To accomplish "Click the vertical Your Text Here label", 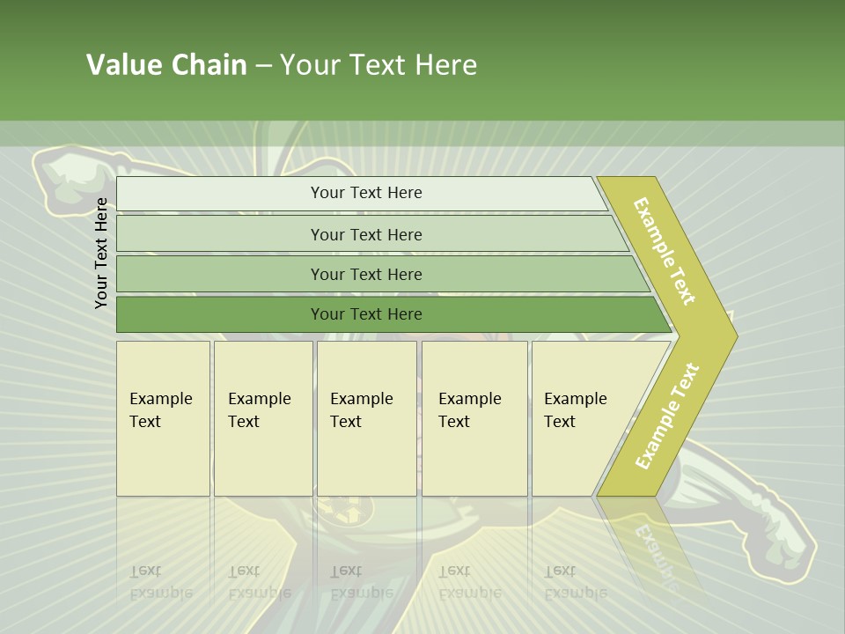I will [x=101, y=253].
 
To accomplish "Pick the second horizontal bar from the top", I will [x=365, y=234].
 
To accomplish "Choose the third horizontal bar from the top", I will [x=365, y=274].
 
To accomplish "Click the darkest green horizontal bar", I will [x=365, y=314].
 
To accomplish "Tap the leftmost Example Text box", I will [x=163, y=418].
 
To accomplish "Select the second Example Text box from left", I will [x=262, y=418].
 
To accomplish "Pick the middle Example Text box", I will [x=366, y=418].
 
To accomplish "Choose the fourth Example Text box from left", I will [x=474, y=418].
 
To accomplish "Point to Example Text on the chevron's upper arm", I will [x=665, y=251].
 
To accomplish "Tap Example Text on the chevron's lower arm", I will [x=667, y=416].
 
